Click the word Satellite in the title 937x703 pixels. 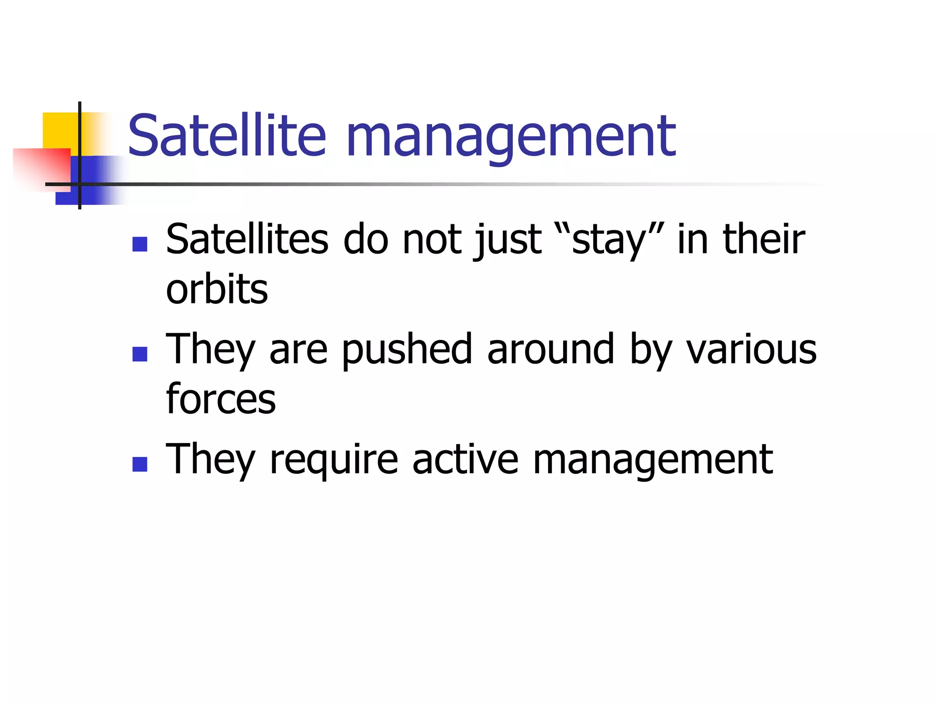coord(226,135)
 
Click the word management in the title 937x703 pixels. coord(511,137)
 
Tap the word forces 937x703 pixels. coord(221,399)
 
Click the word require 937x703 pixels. coord(334,460)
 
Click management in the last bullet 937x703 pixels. coord(653,460)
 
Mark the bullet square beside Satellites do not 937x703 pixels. coord(140,244)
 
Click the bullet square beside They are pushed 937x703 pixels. coord(140,354)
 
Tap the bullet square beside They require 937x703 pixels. coord(140,464)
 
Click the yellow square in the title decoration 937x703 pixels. coord(59,130)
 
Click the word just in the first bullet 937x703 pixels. coord(508,241)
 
